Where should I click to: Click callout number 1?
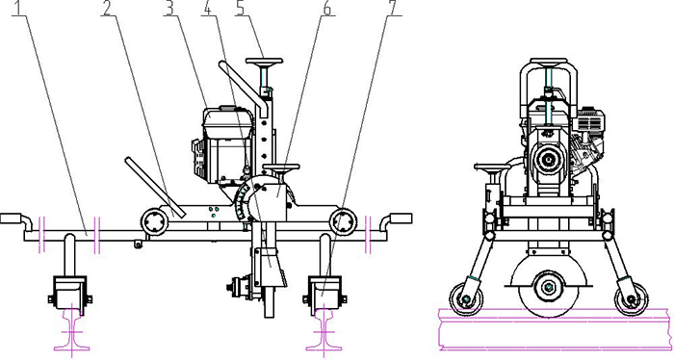[20, 8]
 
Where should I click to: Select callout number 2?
[108, 8]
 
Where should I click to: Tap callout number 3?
[170, 8]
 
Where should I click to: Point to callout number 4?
[209, 8]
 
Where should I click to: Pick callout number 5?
[242, 8]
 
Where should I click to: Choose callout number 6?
[327, 8]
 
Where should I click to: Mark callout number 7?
[393, 8]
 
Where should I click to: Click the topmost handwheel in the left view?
[264, 61]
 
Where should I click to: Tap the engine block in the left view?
[223, 145]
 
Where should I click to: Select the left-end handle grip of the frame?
[11, 219]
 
